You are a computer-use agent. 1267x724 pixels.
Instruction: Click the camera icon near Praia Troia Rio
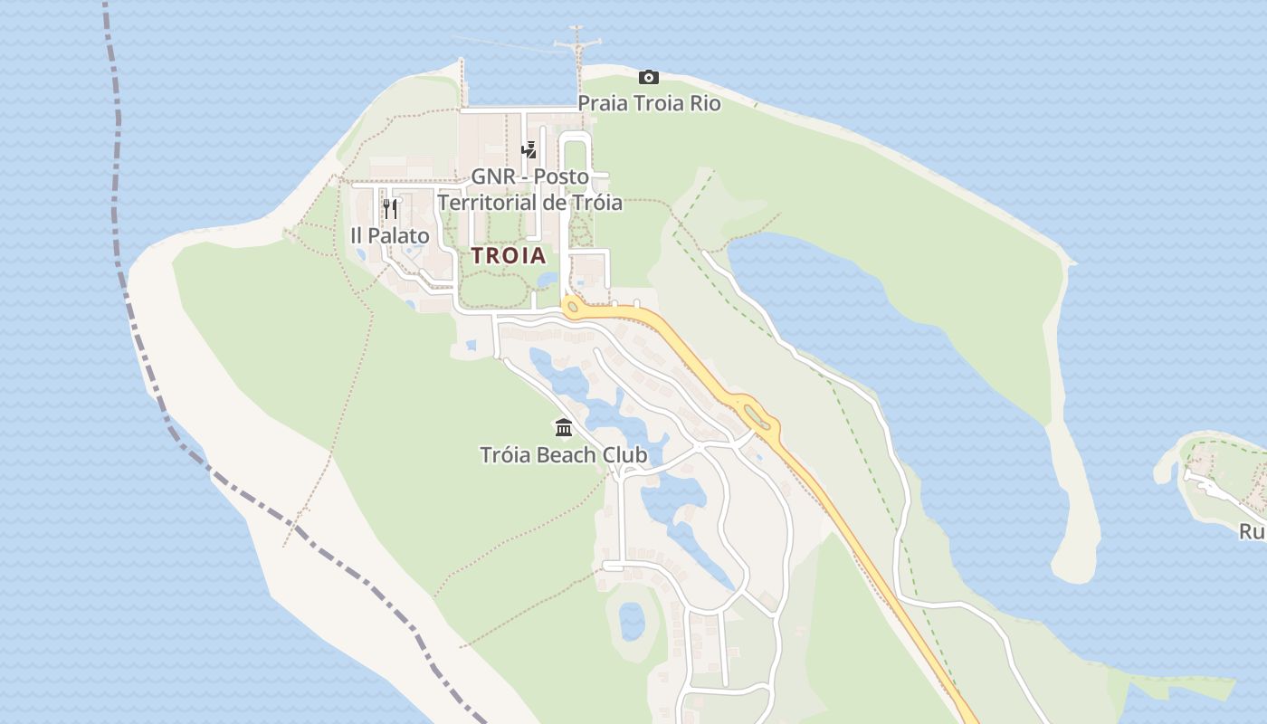(x=648, y=78)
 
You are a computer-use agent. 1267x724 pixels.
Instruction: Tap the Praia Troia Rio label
(x=649, y=103)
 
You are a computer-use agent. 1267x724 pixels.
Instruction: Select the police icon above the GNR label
(x=529, y=149)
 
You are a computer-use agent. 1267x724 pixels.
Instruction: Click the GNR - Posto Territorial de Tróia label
(x=530, y=189)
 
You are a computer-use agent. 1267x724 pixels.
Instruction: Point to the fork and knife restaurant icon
(x=390, y=209)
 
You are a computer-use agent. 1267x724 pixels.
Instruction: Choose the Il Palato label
(x=390, y=236)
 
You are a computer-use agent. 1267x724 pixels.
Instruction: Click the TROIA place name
(x=509, y=256)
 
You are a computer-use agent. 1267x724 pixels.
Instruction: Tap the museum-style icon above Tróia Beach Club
(x=564, y=427)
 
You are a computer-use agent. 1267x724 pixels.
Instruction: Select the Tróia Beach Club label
(x=564, y=454)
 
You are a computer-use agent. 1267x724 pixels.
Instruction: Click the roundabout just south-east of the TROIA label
(x=572, y=307)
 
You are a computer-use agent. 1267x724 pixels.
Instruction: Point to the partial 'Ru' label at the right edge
(x=1253, y=532)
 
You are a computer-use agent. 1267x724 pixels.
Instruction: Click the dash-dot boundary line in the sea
(x=118, y=181)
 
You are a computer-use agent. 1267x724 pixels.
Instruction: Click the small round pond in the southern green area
(x=632, y=621)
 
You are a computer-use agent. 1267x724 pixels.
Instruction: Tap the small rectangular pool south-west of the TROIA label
(x=471, y=345)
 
